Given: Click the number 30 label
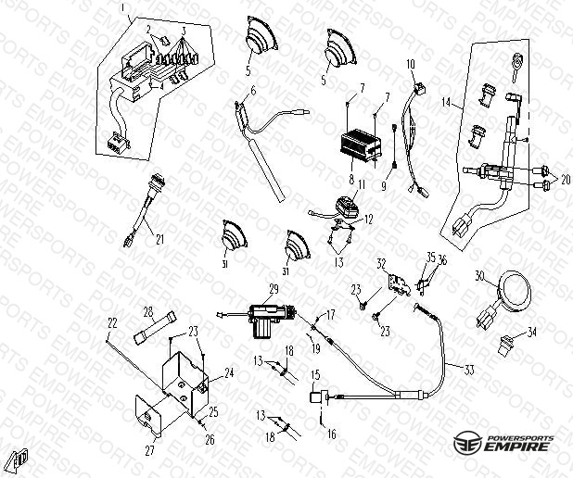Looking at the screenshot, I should [x=479, y=276].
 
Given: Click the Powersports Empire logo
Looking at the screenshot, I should [x=504, y=441].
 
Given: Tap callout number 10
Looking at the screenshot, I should [x=410, y=64].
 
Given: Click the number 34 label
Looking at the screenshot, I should [x=531, y=331].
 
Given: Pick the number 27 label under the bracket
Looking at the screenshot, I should [x=149, y=451].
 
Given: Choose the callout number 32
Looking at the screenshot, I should [x=380, y=263].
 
